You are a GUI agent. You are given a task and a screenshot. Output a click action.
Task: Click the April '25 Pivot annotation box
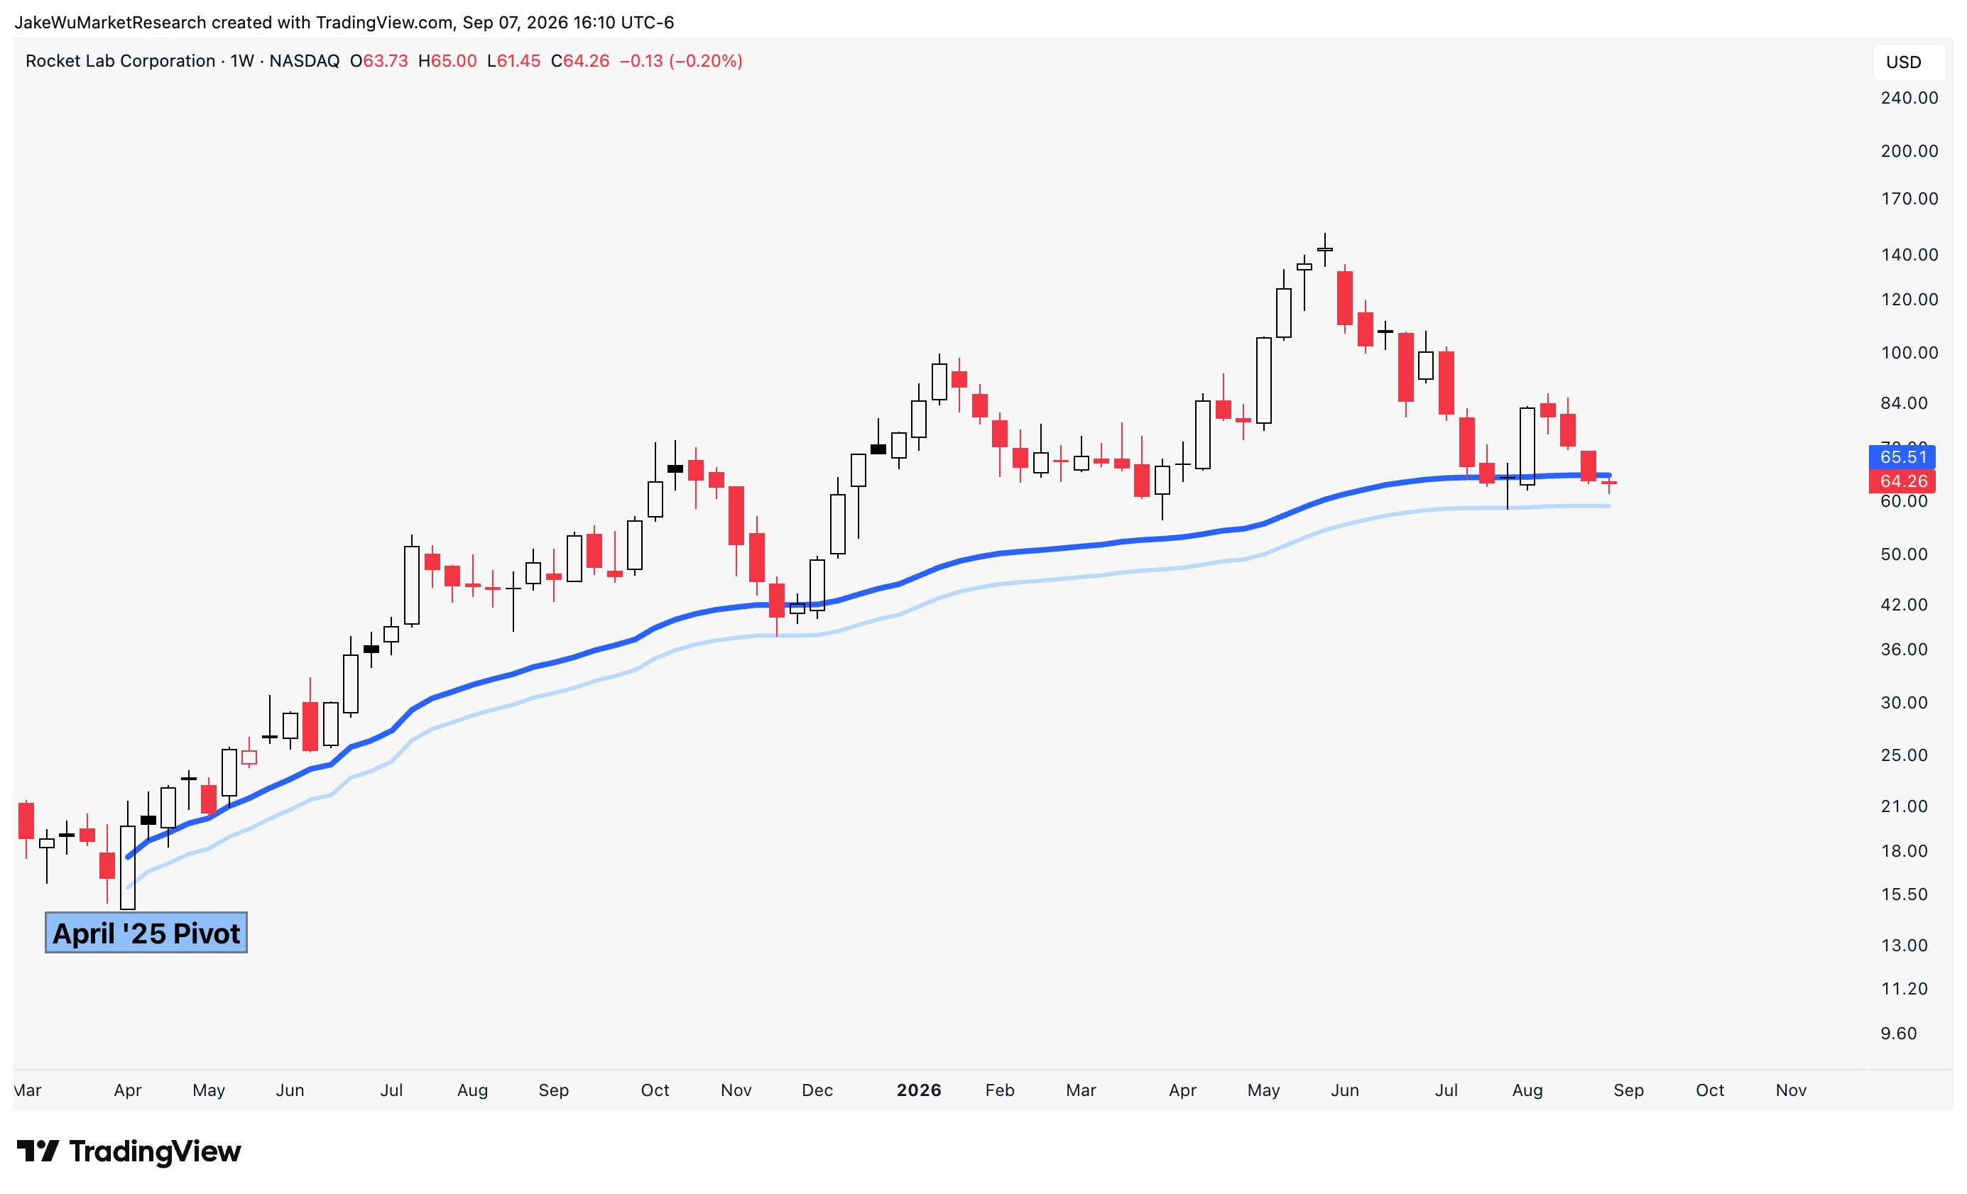pos(146,932)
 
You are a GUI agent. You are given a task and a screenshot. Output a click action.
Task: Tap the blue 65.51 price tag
pos(1902,457)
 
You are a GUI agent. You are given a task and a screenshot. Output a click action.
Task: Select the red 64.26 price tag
pos(1902,481)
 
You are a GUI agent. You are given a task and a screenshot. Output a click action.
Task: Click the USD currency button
pos(1903,62)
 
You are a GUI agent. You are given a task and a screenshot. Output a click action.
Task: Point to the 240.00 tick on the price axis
pos(1909,98)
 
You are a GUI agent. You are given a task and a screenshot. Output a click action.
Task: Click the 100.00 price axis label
pos(1909,353)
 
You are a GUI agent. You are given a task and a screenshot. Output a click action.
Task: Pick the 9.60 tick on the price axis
pos(1898,1034)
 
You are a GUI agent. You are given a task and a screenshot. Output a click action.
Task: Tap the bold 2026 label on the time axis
pos(919,1090)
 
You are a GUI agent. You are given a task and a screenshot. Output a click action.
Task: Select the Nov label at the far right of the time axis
pos(1791,1090)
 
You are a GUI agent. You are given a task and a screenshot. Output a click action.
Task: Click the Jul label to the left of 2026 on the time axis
pos(391,1090)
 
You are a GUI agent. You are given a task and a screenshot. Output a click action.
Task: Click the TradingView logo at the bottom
pos(129,1151)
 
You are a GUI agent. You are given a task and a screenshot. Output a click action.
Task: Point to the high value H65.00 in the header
pos(448,62)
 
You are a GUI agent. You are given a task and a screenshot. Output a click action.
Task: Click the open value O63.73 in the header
pos(379,62)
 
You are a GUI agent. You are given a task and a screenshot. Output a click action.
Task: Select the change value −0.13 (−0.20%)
pos(681,62)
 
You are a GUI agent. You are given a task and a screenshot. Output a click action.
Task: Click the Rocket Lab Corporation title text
pos(121,62)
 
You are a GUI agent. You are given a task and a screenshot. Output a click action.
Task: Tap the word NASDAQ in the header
pos(304,62)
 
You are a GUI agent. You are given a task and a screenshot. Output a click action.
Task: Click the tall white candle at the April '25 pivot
pos(128,867)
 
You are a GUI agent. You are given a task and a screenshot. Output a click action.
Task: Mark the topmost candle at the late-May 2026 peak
pos(1325,249)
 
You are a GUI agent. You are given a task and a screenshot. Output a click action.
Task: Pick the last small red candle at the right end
pos(1608,483)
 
